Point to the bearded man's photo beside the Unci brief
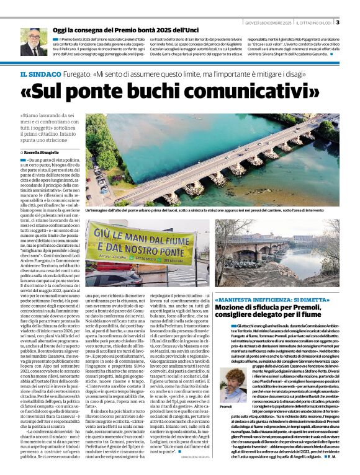[33, 42]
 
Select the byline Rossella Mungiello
[45, 151]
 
